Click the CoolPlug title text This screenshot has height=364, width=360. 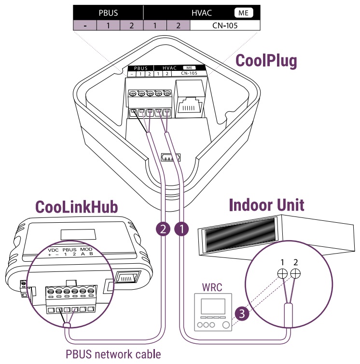pyautogui.click(x=266, y=61)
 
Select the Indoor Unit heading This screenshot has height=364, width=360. pyautogui.click(x=266, y=205)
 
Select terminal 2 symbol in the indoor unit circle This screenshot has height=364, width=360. pyautogui.click(x=296, y=273)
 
